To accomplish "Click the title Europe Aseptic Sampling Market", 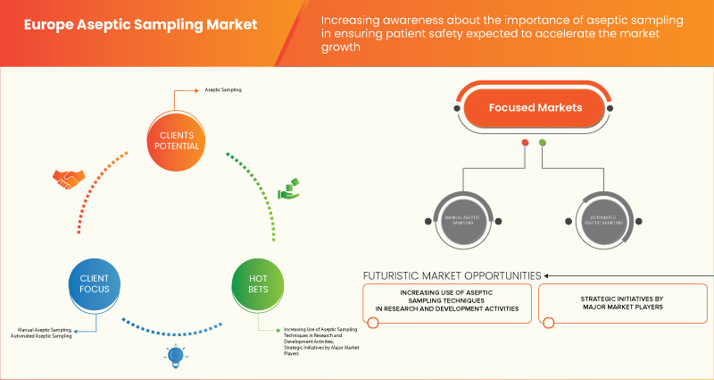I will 132,24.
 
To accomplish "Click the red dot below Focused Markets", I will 525,143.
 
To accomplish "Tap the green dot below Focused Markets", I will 543,143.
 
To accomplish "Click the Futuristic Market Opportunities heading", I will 452,275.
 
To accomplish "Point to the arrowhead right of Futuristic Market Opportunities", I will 547,275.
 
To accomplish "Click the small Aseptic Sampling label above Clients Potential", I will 223,90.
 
